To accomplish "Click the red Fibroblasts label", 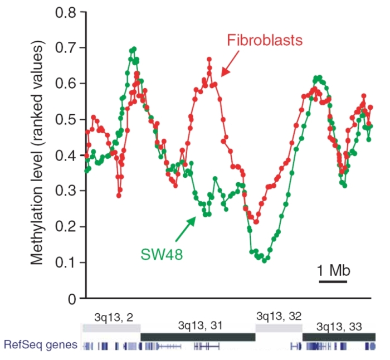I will [265, 41].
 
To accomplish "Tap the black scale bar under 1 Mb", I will [333, 281].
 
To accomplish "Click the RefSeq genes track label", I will [40, 345].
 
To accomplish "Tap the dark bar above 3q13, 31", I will [198, 337].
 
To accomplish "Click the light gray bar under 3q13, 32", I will [279, 328].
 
